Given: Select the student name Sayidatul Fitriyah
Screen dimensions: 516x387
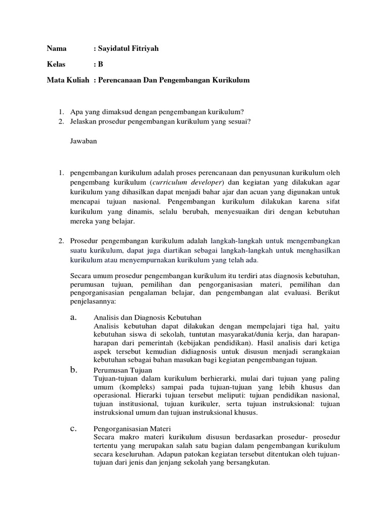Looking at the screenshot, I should click(124, 49).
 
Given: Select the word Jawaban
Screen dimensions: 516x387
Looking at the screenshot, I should click(83, 141).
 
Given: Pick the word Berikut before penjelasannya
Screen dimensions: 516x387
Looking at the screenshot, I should click(328, 292).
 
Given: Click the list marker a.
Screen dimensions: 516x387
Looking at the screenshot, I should click(73, 317).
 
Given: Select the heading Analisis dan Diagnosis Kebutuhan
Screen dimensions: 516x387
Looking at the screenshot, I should click(148, 317).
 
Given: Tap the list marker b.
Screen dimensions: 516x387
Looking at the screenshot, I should click(73, 370).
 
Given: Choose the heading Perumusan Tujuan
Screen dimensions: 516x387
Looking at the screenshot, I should click(122, 370).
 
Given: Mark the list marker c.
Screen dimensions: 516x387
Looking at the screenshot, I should click(73, 429).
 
